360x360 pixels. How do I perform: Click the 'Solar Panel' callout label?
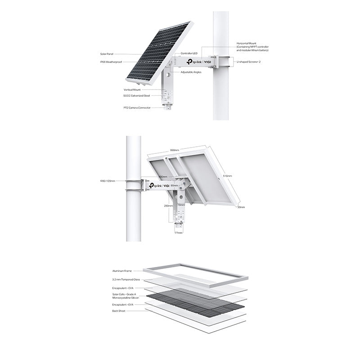(x=107, y=54)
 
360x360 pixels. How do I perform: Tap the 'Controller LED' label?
(x=189, y=53)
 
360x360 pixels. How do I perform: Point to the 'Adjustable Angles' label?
(x=191, y=72)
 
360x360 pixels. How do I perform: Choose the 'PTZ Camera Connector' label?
(x=137, y=108)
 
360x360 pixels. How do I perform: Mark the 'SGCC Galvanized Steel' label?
(x=137, y=95)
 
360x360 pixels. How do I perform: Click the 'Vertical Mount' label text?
(x=132, y=90)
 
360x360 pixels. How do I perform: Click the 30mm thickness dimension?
(x=241, y=207)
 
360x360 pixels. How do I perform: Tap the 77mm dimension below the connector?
(x=179, y=233)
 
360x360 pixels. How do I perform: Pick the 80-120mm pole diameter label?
(x=108, y=181)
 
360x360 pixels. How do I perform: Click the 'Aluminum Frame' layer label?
(x=122, y=271)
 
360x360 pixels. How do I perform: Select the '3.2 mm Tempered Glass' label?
(x=126, y=279)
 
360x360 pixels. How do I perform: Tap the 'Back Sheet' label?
(x=119, y=310)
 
